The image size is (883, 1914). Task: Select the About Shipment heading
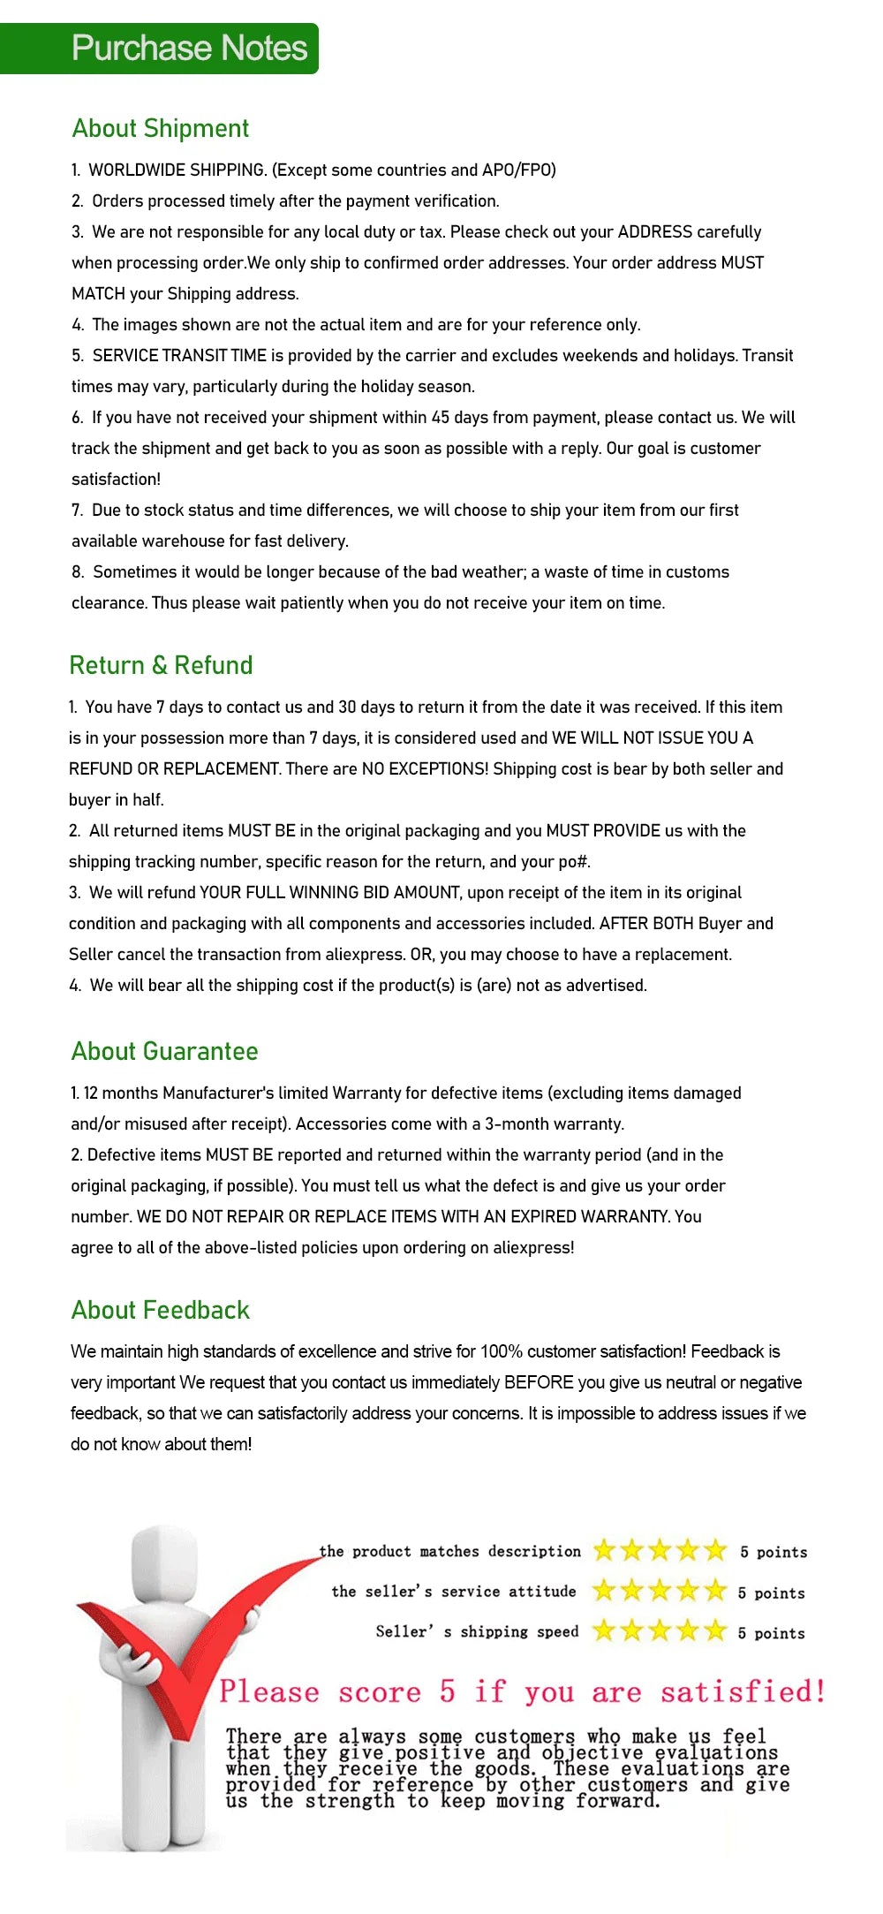pyautogui.click(x=161, y=129)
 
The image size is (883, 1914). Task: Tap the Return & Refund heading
pyautogui.click(x=161, y=665)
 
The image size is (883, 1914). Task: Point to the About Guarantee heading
pyautogui.click(x=164, y=1051)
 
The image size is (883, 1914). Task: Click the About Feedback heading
pyautogui.click(x=160, y=1310)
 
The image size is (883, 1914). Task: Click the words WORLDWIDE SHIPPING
pyautogui.click(x=177, y=170)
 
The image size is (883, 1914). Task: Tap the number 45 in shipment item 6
pyautogui.click(x=441, y=418)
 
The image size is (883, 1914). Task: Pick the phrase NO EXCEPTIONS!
pyautogui.click(x=425, y=769)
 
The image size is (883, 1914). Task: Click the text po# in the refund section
pyautogui.click(x=574, y=862)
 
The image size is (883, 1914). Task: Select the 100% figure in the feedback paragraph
pyautogui.click(x=502, y=1351)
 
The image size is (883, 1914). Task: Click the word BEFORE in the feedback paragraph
pyautogui.click(x=539, y=1382)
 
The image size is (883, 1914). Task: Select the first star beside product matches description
pyautogui.click(x=604, y=1550)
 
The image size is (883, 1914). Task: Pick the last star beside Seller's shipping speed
pyautogui.click(x=716, y=1630)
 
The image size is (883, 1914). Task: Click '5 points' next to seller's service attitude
pyautogui.click(x=772, y=1593)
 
